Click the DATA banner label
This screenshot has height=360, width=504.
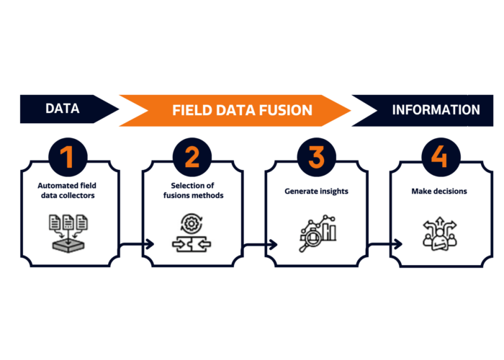(63, 109)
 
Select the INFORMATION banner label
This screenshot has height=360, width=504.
(436, 110)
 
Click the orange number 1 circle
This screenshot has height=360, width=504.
(68, 157)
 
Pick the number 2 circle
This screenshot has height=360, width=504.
(192, 157)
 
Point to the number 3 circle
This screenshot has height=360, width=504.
(316, 157)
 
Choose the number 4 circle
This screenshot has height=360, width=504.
(441, 157)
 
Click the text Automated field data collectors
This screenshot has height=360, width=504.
(67, 191)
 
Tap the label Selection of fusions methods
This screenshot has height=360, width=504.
(193, 191)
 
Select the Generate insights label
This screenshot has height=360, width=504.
(316, 192)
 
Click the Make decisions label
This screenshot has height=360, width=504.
(439, 192)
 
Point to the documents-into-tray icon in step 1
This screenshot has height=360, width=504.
(68, 233)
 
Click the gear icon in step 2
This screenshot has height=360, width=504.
(192, 223)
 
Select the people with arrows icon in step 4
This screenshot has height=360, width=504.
(439, 234)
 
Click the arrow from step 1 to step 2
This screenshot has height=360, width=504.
(137, 244)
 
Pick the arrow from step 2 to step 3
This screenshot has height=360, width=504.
(260, 245)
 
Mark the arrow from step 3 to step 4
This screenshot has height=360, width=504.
(384, 244)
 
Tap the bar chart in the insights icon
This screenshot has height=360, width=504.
(328, 231)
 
